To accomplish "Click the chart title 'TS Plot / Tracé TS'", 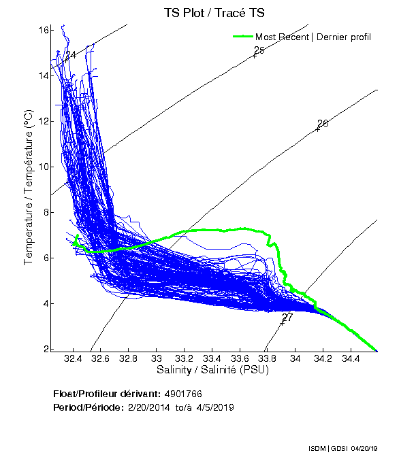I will pos(214,12).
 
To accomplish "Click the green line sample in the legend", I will pos(242,37).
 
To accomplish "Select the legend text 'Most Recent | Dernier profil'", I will pos(313,37).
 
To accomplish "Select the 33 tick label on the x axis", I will pos(156,358).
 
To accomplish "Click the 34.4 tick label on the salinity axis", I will pos(351,358).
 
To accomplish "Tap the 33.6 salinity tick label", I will pos(240,358).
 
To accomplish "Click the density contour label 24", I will pos(71,54).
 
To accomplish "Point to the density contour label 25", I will pos(259,50).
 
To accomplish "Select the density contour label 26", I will pos(323,124).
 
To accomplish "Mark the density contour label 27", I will pos(287,318).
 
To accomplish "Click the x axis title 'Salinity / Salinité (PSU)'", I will pos(212,370).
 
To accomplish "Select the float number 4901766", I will pos(182,394).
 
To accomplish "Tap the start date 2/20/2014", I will pos(150,407).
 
